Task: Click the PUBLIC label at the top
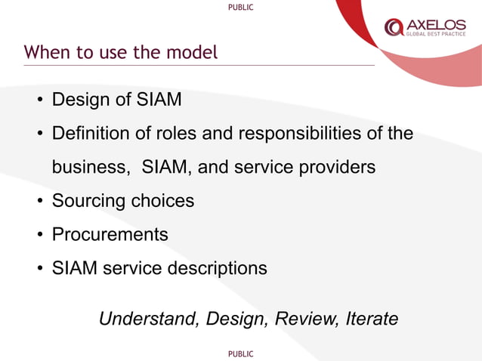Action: click(240, 8)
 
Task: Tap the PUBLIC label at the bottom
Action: click(240, 353)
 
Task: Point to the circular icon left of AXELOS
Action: click(394, 28)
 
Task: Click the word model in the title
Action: click(196, 53)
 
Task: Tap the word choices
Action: click(162, 202)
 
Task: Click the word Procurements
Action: click(110, 235)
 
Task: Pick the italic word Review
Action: click(307, 319)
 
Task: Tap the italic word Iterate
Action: click(371, 319)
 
